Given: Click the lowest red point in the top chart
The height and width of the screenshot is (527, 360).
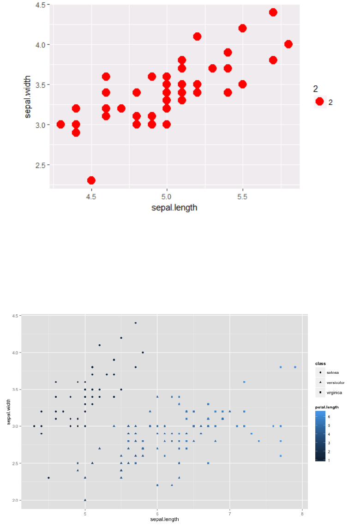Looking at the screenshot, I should click(x=91, y=180).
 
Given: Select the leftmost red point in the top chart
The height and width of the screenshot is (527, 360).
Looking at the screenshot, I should click(x=60, y=125).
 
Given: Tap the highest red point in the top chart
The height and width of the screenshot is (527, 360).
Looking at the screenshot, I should click(x=273, y=12).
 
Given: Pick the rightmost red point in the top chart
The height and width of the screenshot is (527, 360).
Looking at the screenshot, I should click(x=288, y=44).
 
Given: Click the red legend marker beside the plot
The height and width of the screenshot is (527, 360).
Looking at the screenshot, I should click(x=319, y=102).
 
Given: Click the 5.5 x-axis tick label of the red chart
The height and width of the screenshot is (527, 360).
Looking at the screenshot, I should click(x=242, y=197).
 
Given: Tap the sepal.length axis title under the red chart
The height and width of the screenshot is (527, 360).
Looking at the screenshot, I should click(x=174, y=208).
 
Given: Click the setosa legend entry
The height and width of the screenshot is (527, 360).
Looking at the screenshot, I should click(x=332, y=372).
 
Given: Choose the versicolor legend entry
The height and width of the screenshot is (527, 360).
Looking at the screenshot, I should click(x=335, y=382).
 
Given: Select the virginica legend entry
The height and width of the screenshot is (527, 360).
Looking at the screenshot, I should click(x=334, y=392).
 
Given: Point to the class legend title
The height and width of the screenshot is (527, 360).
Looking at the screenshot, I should click(x=320, y=364).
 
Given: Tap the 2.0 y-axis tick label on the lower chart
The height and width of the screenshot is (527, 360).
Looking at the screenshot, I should click(x=15, y=500).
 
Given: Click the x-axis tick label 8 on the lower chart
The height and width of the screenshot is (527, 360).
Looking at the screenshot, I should click(x=302, y=513).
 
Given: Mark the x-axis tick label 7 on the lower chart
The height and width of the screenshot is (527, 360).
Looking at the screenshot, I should click(x=229, y=513).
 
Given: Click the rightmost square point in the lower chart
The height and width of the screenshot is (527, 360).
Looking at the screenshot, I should click(x=295, y=367).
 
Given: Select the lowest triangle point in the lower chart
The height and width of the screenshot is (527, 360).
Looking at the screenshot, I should click(x=85, y=500).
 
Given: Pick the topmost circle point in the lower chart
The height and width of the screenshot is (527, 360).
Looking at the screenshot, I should click(x=135, y=323).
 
